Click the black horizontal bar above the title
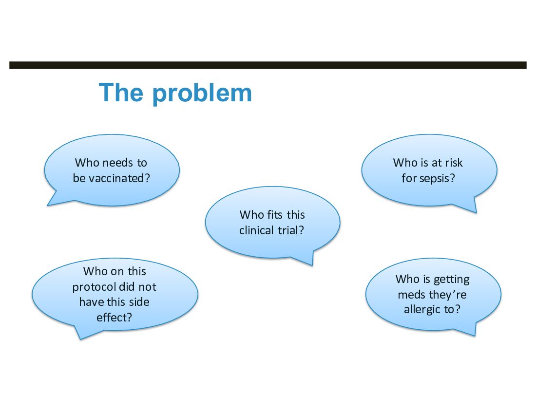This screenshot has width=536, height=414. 268,65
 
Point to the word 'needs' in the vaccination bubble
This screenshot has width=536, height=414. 118,163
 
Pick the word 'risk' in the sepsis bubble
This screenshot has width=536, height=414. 454,163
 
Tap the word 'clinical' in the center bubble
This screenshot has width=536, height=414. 256,230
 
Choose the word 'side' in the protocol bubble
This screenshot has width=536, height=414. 140,302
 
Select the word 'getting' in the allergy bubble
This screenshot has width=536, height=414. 452,280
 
